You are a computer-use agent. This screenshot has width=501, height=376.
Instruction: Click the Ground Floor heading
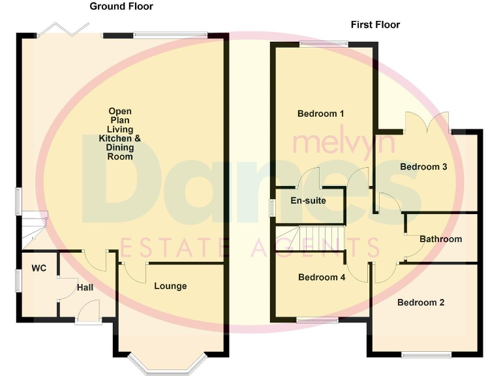coord(121,7)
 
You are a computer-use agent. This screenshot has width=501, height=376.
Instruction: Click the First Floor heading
coord(375,25)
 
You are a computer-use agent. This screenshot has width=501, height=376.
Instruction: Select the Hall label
coord(85,287)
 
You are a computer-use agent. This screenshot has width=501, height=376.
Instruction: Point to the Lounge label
coord(170,286)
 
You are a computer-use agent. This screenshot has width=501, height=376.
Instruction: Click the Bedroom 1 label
coord(320,114)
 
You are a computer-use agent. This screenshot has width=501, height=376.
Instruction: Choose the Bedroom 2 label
coord(421,302)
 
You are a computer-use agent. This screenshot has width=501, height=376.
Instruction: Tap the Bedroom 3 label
coord(423,166)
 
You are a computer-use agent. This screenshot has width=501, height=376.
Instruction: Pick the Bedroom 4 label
coord(321,277)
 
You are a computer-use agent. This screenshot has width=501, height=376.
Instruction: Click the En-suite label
coord(308,200)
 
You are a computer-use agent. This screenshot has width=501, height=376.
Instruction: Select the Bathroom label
coord(440,239)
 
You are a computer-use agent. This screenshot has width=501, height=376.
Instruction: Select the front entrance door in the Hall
coord(87,312)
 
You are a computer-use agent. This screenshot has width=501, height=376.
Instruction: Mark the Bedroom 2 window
coord(425,355)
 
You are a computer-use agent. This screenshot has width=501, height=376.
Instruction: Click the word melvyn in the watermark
coord(344,142)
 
